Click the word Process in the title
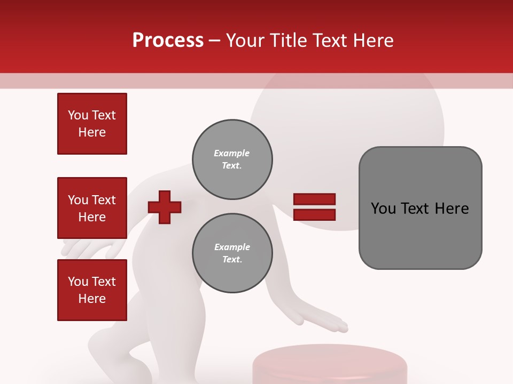[x=168, y=40]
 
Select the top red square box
[x=92, y=124]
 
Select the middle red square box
[x=92, y=208]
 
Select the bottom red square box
[x=92, y=290]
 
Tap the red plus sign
[x=165, y=207]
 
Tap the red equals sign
[x=314, y=207]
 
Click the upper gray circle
[x=232, y=159]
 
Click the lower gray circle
[x=232, y=253]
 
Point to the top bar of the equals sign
[x=314, y=199]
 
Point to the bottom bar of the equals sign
[x=314, y=214]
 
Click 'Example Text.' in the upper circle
[x=232, y=159]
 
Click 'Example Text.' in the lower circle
[x=232, y=253]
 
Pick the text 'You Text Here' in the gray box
[x=420, y=208]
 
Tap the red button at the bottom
[x=329, y=365]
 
